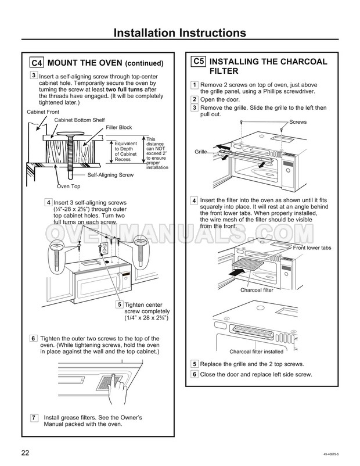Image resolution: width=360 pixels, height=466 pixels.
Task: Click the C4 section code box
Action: point(37,63)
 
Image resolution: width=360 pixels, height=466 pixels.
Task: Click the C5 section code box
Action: point(198,62)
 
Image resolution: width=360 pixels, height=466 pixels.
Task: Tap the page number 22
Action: point(25,453)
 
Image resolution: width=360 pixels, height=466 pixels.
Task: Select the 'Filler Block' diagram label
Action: point(119,127)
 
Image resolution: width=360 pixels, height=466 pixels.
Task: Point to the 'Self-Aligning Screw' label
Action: point(110,175)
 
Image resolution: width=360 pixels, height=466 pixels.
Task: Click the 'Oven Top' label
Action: point(69,187)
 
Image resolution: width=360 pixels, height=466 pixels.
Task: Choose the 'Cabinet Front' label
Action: point(43,112)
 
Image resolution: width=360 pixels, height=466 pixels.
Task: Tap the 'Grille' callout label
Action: point(201,152)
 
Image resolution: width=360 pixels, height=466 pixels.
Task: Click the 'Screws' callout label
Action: point(298,122)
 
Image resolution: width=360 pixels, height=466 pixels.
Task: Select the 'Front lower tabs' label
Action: point(312,248)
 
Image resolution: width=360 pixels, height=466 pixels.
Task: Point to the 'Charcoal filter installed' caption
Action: point(256,352)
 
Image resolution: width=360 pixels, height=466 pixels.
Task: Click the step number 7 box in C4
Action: point(34,418)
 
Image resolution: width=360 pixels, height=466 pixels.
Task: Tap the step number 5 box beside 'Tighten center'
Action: point(120,304)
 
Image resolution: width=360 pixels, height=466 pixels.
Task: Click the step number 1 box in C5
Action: point(195,85)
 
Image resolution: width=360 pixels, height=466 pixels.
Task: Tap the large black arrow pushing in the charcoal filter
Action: point(238,271)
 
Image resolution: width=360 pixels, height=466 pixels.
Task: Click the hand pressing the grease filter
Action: point(118,388)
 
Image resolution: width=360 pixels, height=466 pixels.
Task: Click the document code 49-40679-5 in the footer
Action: point(331,454)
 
